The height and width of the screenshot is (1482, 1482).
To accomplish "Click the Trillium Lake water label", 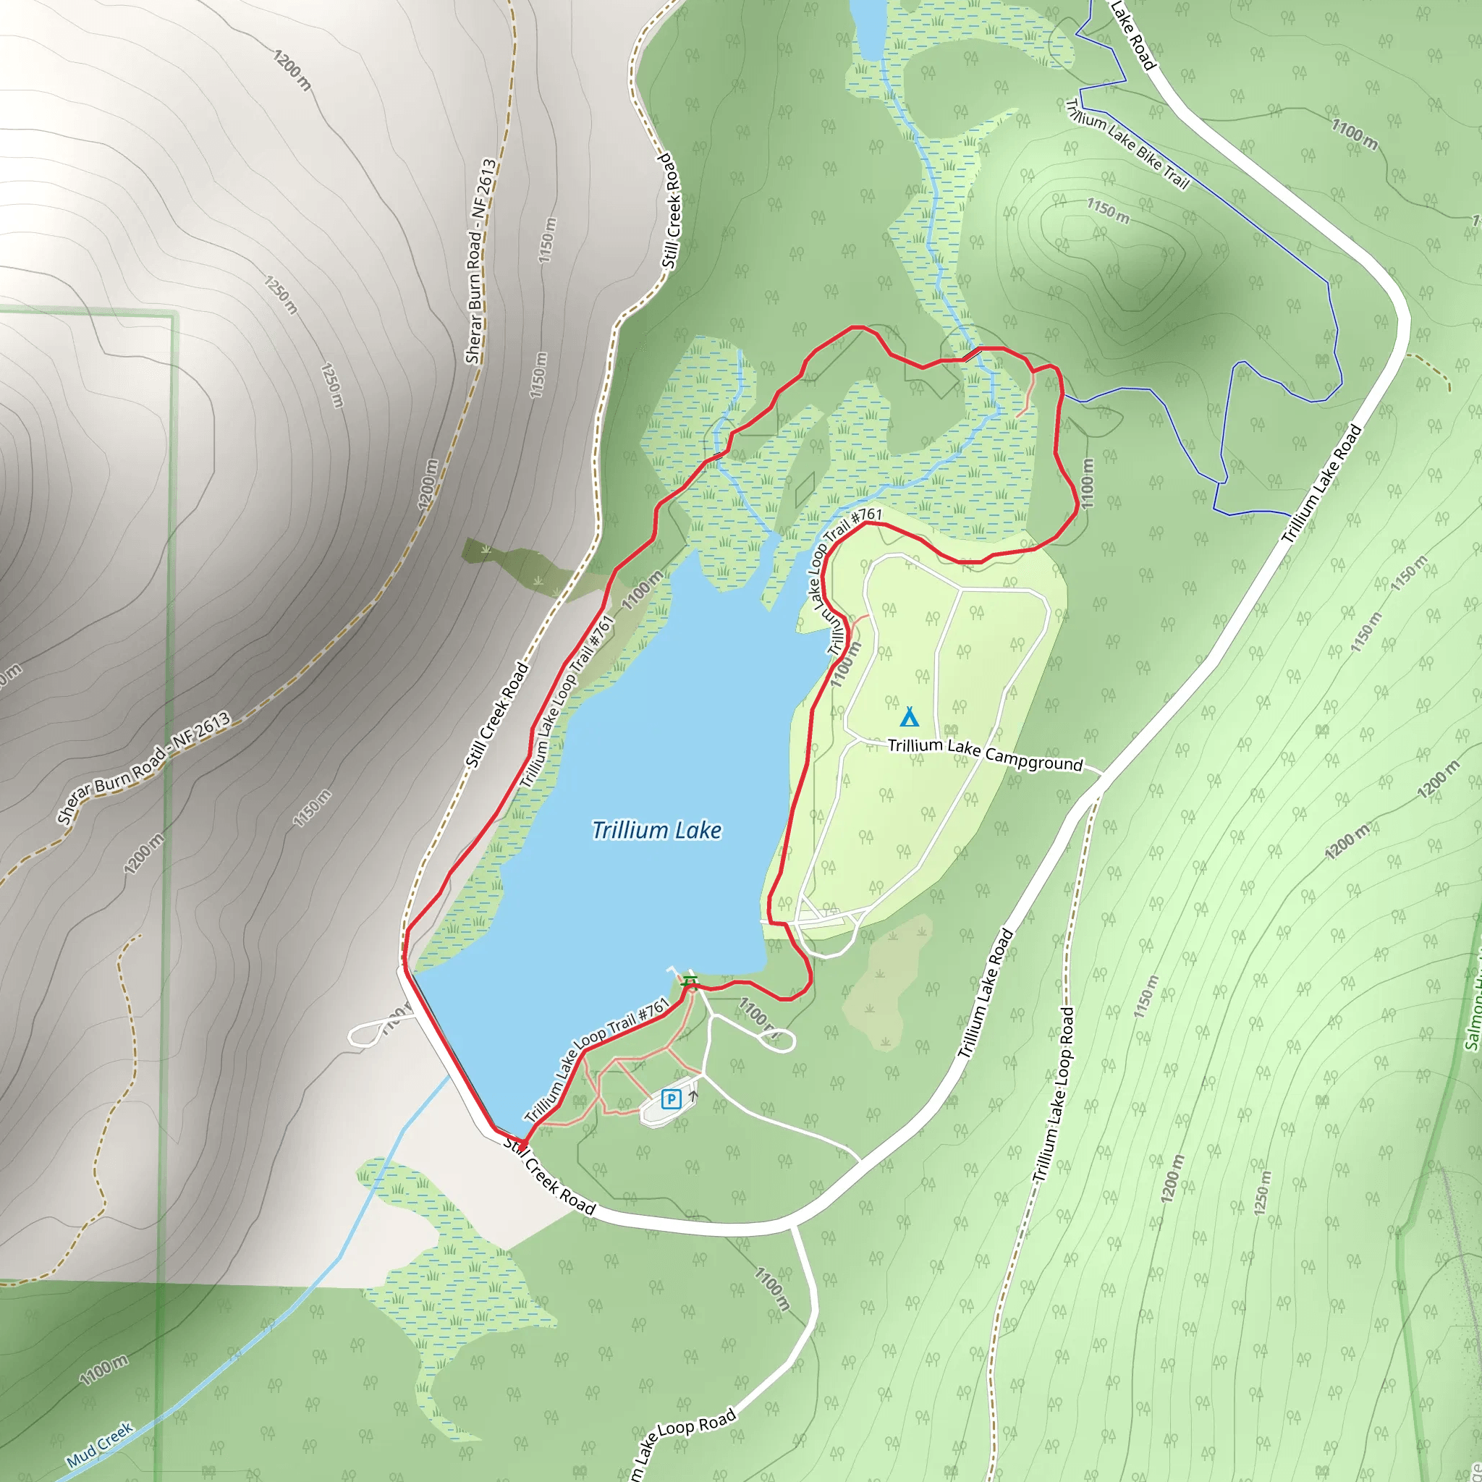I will click(x=656, y=831).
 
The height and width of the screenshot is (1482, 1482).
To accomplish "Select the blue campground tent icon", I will click(x=909, y=717).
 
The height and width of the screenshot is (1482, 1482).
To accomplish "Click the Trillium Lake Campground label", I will click(x=985, y=753).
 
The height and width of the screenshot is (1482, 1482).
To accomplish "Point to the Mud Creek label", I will click(x=101, y=1444).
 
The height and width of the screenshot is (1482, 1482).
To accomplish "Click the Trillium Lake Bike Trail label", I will click(x=1127, y=144).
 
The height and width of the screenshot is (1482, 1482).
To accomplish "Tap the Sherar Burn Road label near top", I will click(x=481, y=261).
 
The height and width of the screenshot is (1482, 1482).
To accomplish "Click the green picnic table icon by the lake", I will click(x=690, y=981).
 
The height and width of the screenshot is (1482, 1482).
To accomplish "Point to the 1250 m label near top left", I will click(x=281, y=295).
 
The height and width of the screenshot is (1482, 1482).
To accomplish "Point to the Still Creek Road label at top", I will click(x=669, y=211).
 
